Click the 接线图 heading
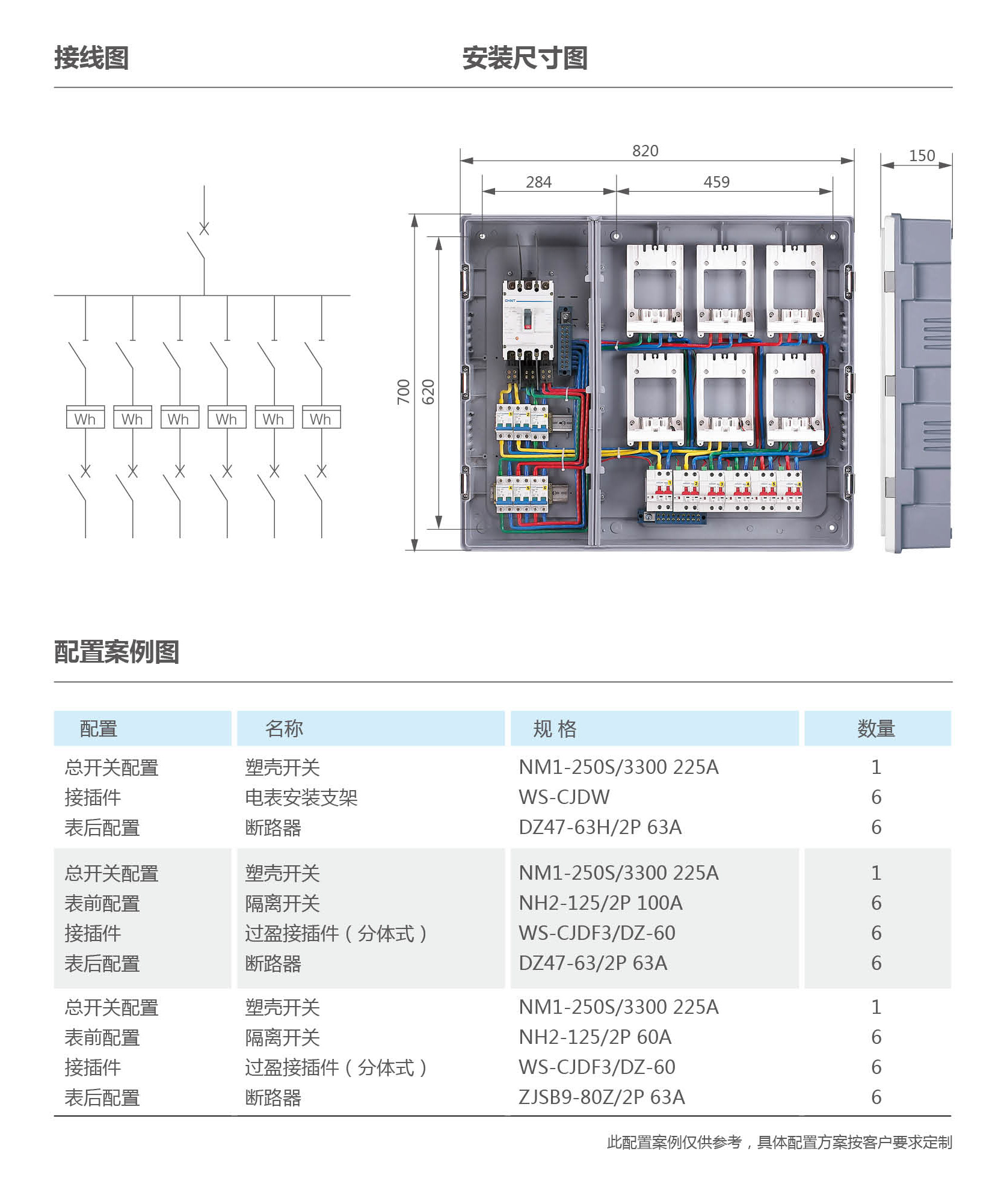[x=91, y=58]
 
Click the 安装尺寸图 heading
[x=525, y=58]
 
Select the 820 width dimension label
[x=645, y=151]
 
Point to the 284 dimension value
[x=538, y=182]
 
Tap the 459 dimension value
[x=716, y=182]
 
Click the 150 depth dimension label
[x=922, y=156]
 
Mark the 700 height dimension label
[x=403, y=391]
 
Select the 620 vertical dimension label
[x=428, y=391]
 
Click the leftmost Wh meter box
[x=85, y=417]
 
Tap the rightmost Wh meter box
[x=321, y=417]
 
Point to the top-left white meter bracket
[x=654, y=290]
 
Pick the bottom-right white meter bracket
[x=794, y=398]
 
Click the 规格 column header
[x=555, y=729]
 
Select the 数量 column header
[x=876, y=729]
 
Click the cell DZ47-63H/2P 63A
[x=600, y=827]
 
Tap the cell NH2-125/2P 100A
[x=600, y=903]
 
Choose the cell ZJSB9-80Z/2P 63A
[x=602, y=1097]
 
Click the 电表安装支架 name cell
[x=301, y=798]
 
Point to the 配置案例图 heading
[x=117, y=652]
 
